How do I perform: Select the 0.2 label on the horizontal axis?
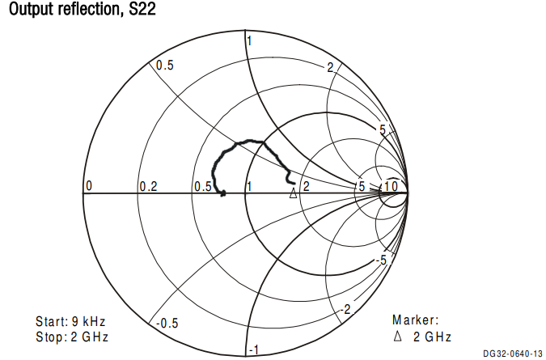(x=148, y=187)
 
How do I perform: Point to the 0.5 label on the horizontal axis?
(x=202, y=187)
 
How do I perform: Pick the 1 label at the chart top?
(x=251, y=41)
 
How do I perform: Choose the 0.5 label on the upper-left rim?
(x=165, y=66)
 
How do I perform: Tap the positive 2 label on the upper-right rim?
(x=331, y=67)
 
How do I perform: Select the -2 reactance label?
(x=345, y=310)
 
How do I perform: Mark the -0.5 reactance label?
(x=166, y=323)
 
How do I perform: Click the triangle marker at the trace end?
(x=294, y=192)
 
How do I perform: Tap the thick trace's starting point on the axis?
(x=222, y=193)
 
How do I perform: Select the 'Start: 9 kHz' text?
(x=71, y=320)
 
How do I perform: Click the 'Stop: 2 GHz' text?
(x=72, y=336)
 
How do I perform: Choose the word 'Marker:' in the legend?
(x=415, y=320)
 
